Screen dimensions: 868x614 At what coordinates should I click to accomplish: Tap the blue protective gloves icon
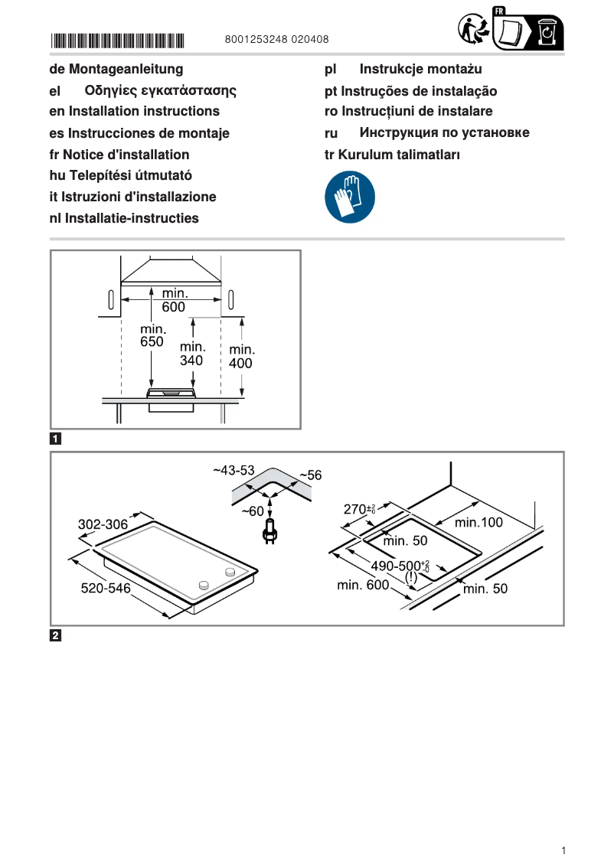point(350,197)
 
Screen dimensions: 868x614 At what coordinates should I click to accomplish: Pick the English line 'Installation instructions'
point(135,112)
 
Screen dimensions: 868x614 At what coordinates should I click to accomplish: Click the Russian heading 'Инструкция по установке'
point(444,133)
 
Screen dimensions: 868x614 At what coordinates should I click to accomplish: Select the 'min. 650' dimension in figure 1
point(152,336)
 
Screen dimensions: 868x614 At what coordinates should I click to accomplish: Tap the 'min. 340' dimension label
point(192,353)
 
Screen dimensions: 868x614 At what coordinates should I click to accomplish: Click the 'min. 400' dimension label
point(241,357)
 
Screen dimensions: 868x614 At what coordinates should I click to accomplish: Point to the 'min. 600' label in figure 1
point(174,300)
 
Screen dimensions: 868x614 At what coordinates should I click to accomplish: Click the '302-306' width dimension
point(103,525)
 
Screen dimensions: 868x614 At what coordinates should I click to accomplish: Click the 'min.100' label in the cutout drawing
point(478,523)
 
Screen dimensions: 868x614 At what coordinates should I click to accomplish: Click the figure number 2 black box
point(56,635)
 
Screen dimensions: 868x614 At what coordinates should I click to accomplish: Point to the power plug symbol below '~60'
point(269,530)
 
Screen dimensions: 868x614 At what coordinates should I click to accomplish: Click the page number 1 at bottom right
point(563,850)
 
